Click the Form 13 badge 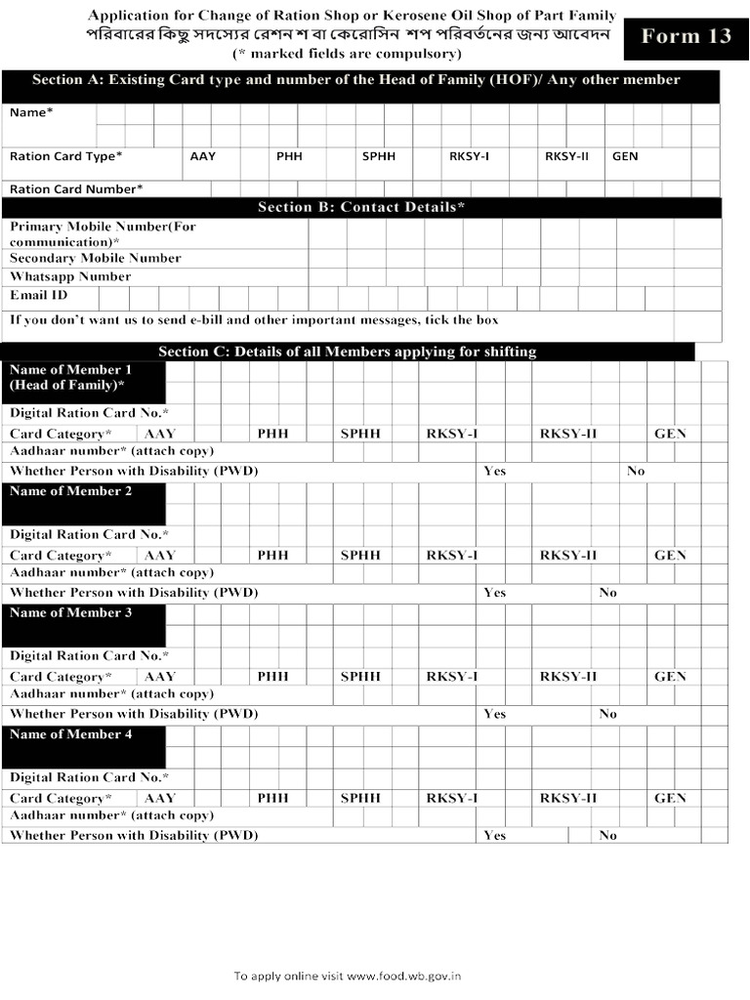click(685, 37)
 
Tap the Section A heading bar click(361, 81)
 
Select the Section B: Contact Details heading click(361, 207)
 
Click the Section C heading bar click(348, 352)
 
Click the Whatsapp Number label click(70, 276)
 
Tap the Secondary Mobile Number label click(95, 258)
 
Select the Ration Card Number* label click(76, 188)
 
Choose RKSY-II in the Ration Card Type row click(566, 156)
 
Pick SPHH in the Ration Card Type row click(379, 156)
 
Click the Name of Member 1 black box click(84, 381)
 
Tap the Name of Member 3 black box click(84, 624)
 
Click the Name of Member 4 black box click(84, 745)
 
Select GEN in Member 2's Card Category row click(670, 555)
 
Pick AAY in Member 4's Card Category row click(160, 798)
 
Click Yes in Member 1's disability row click(495, 471)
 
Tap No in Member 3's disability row click(608, 714)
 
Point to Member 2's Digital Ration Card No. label click(89, 534)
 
